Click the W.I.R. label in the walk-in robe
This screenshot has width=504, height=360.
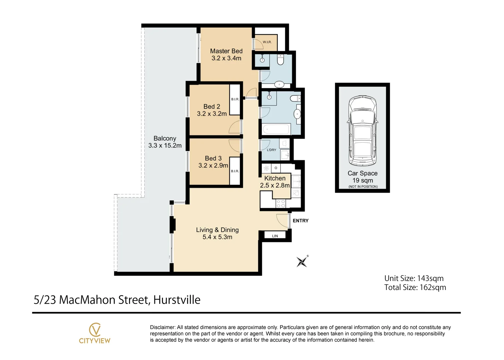point(267,42)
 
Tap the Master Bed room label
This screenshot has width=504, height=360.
point(226,51)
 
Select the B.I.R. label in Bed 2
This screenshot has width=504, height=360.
point(235,99)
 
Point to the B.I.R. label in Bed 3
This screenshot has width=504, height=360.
point(235,171)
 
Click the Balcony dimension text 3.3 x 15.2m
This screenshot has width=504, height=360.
point(165,145)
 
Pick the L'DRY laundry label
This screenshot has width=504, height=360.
point(271,150)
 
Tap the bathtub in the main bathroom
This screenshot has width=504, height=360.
point(276,129)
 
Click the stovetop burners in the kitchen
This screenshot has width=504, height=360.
point(281,204)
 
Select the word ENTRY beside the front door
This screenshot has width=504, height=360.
point(300,221)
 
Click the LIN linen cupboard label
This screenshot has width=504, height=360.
point(275,236)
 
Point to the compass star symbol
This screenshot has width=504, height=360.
point(302,261)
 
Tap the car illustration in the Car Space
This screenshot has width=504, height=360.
point(362,131)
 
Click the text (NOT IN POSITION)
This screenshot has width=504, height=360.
point(363,187)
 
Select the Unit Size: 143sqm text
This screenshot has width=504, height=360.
point(414,278)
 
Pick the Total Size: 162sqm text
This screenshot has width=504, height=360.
point(415,287)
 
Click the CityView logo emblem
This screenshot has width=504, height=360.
point(95,330)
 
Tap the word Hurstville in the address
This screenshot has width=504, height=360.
point(177,300)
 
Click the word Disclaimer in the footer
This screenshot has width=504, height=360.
point(162,327)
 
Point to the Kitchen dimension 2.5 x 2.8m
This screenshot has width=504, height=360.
point(275,185)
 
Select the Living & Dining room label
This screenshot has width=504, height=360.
point(217,230)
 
